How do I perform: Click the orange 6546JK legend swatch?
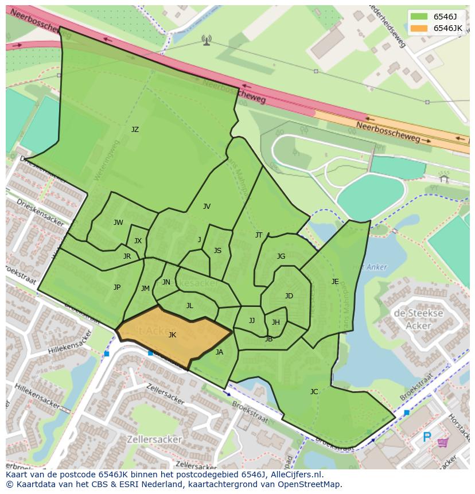(x=419, y=28)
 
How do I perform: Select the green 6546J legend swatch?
(x=419, y=16)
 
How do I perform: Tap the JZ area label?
(x=135, y=130)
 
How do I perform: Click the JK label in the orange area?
(x=172, y=335)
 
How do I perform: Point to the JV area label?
(x=207, y=207)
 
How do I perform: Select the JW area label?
(x=118, y=223)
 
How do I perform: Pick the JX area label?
(x=138, y=241)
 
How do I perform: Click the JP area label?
(x=117, y=287)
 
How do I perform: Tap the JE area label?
(x=335, y=281)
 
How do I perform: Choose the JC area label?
(x=314, y=392)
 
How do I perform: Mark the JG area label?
(x=281, y=256)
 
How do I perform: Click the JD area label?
(x=289, y=296)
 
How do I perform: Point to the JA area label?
(x=219, y=352)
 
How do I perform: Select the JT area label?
(x=259, y=235)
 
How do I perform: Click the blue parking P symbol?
(x=427, y=438)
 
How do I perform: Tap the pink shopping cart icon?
(x=443, y=442)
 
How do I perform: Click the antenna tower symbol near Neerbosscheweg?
(x=207, y=40)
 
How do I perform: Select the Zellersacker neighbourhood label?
(x=155, y=439)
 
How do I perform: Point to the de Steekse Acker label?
(x=418, y=320)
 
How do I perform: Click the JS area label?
(x=217, y=251)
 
